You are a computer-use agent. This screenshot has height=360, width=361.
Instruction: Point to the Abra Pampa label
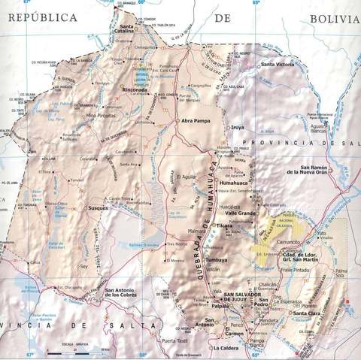[194, 120]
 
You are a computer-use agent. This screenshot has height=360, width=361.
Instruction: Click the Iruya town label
[238, 128]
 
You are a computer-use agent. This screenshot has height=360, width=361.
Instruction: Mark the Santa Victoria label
[278, 65]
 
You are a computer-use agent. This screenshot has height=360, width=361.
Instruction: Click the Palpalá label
[220, 307]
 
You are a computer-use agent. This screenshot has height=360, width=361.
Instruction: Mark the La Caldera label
[226, 349]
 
